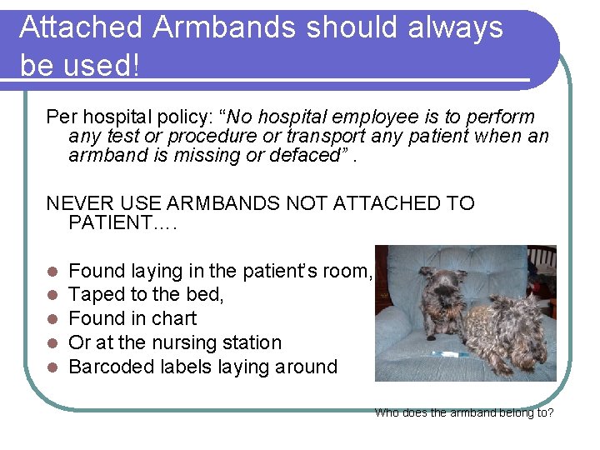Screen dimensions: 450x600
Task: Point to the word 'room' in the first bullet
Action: pyautogui.click(x=347, y=271)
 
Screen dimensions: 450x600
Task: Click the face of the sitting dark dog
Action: pyautogui.click(x=438, y=287)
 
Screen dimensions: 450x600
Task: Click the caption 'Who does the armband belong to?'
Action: pyautogui.click(x=463, y=413)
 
